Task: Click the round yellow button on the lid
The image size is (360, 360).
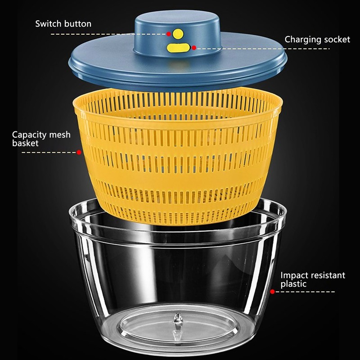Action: coord(179,33)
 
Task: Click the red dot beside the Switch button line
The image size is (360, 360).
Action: coord(169,34)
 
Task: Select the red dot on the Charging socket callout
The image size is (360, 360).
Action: coord(193,47)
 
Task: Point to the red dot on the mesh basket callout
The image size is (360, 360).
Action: coord(79,153)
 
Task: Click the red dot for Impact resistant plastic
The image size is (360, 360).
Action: coord(272,292)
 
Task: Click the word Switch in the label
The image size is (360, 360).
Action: coord(48,23)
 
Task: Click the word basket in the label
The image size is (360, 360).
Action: coord(25,144)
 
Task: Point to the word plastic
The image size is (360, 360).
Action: coord(293,284)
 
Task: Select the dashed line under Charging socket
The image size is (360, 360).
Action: coord(270,48)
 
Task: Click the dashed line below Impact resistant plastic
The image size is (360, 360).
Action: coord(306,292)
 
